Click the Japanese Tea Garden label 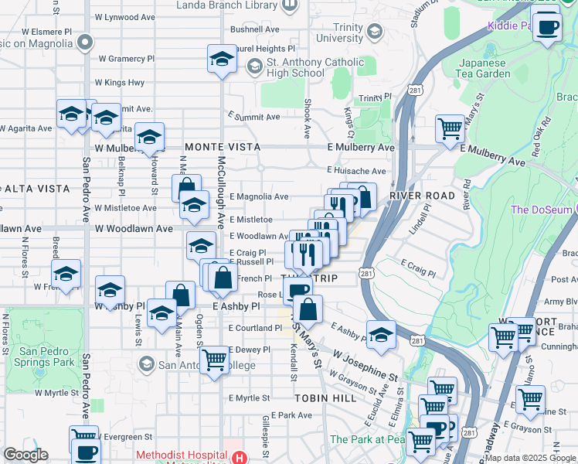[484, 68]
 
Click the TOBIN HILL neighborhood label [325, 397]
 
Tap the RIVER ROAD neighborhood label [422, 196]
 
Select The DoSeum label [541, 210]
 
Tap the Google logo [26, 455]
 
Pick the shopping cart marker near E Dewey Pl [214, 360]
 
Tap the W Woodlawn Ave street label [134, 229]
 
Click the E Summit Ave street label [254, 117]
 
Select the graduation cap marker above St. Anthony [222, 59]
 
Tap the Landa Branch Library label [226, 5]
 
